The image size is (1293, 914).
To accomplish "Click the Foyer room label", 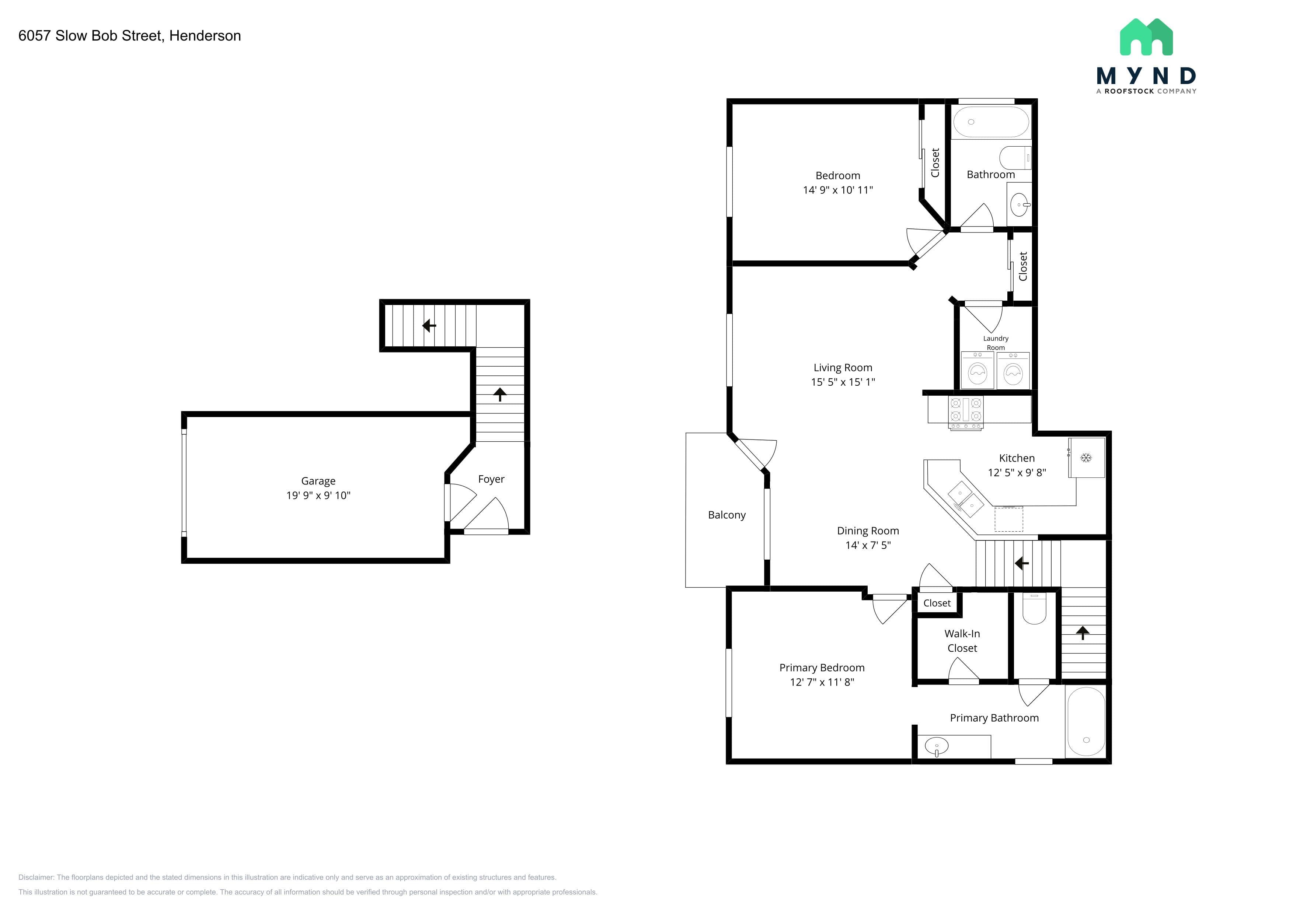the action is coord(491,479).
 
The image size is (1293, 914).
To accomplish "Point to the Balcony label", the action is coord(726,515).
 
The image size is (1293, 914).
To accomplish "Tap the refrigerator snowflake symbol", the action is coord(1086,458).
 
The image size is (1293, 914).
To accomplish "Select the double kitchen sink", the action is coord(965,499).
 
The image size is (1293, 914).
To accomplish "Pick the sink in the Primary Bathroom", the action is coord(937,747).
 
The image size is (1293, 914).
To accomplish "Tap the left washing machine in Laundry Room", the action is coord(977,371).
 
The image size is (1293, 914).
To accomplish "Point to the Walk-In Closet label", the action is coord(962,641).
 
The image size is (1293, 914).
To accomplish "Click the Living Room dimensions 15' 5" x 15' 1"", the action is coord(843,382).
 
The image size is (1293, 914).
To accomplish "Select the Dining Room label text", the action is coord(868,531).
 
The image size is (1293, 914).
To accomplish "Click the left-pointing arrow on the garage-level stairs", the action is coord(429,325).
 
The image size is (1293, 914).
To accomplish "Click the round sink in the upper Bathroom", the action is coord(1019,205).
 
